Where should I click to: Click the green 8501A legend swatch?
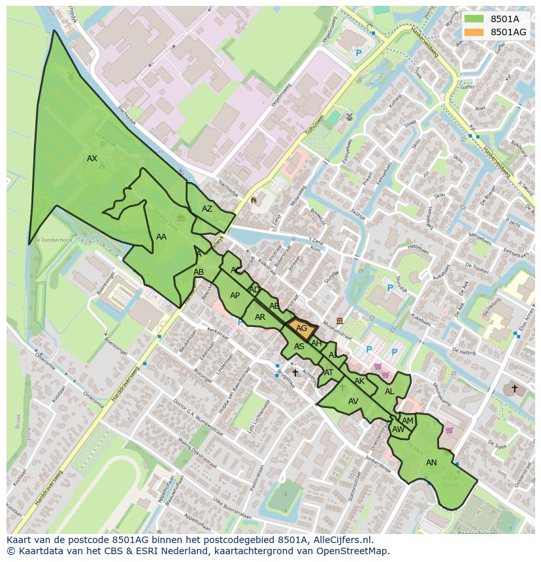click(474, 19)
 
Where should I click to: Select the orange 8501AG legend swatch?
click(474, 32)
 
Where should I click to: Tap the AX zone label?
click(92, 159)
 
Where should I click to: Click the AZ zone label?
click(207, 209)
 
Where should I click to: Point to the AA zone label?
click(161, 237)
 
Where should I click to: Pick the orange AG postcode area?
click(302, 329)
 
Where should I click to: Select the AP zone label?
click(235, 296)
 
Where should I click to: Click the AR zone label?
click(260, 317)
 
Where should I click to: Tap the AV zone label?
click(353, 401)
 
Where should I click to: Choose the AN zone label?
click(431, 463)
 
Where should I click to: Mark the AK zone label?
click(359, 381)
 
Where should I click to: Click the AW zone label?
click(398, 429)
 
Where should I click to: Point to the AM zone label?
click(408, 421)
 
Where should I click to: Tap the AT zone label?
click(329, 373)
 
